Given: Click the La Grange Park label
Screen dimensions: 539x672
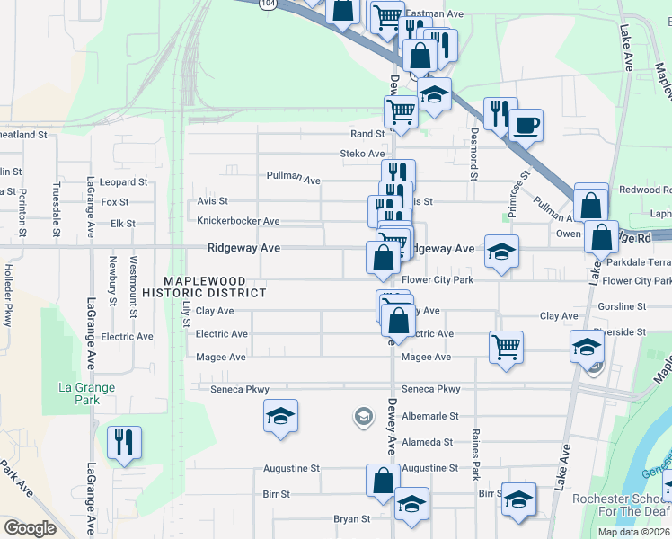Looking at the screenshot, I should [x=86, y=394].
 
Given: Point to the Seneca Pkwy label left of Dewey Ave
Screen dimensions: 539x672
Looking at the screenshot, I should [x=241, y=389].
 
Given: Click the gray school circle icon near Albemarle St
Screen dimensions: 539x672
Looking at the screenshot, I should [x=363, y=415].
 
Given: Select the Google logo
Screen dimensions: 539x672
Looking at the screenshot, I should [x=31, y=528].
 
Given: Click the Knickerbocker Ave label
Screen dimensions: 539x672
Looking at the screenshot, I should [x=238, y=221].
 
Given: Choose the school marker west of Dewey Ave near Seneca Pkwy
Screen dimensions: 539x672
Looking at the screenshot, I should [x=280, y=416].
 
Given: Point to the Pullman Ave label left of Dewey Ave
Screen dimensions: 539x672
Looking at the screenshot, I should [x=293, y=179].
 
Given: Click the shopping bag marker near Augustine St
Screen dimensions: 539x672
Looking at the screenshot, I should [x=383, y=480].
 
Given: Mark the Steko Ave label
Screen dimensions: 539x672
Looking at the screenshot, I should [x=362, y=154].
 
